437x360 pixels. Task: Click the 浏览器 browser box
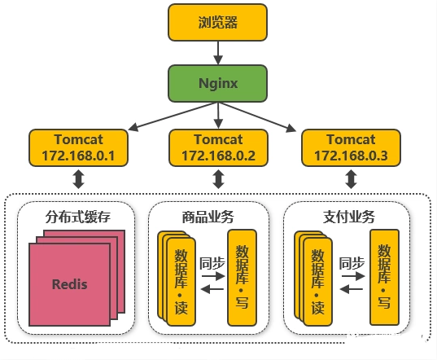[217, 22]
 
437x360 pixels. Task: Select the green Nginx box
[217, 83]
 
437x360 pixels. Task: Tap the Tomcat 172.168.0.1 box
[78, 147]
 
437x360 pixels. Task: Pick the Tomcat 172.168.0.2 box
[218, 147]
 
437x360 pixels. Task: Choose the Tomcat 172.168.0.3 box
[352, 147]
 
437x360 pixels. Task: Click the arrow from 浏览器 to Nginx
[218, 53]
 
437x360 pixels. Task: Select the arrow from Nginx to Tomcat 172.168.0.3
[257, 116]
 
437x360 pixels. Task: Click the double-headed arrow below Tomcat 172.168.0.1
[79, 179]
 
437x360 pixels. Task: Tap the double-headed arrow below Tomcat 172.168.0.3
[352, 179]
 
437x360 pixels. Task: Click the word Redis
[70, 284]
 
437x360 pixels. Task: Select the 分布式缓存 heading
[78, 217]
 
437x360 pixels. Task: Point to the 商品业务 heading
[208, 217]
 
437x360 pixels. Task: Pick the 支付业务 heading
[349, 217]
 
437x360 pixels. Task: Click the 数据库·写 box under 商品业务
[242, 278]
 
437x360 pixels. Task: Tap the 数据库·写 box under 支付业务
[384, 278]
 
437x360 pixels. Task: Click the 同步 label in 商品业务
[212, 264]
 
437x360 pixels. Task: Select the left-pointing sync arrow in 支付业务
[352, 289]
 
